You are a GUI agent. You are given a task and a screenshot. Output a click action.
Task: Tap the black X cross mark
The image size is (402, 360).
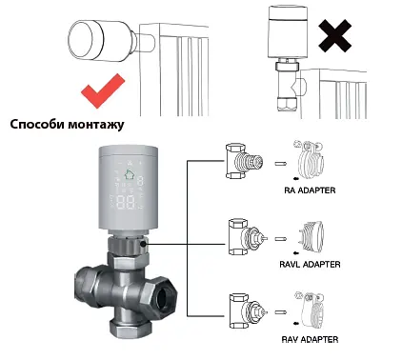(334, 35)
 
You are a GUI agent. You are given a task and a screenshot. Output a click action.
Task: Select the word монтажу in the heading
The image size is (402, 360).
(96, 125)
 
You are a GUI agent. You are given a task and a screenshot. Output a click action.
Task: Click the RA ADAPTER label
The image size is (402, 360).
(310, 190)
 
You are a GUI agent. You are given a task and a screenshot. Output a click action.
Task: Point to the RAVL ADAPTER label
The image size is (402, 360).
(310, 265)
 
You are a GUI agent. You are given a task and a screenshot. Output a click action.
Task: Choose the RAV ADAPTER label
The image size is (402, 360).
(310, 339)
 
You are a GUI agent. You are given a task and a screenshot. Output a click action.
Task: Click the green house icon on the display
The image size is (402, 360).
(130, 174)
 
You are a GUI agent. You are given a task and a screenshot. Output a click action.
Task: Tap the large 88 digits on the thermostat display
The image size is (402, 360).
(128, 202)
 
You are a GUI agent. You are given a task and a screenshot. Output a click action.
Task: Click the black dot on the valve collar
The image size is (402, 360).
(143, 244)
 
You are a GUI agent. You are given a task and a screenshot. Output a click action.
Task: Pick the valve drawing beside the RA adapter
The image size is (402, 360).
(244, 161)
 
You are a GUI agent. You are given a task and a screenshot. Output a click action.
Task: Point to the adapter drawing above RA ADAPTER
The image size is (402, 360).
(310, 161)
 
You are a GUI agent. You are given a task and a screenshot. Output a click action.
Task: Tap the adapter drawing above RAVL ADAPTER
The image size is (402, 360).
(312, 236)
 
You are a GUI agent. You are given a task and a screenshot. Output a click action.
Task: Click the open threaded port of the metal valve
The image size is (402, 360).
(165, 298)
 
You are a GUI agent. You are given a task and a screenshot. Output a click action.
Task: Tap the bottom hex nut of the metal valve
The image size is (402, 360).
(131, 329)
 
